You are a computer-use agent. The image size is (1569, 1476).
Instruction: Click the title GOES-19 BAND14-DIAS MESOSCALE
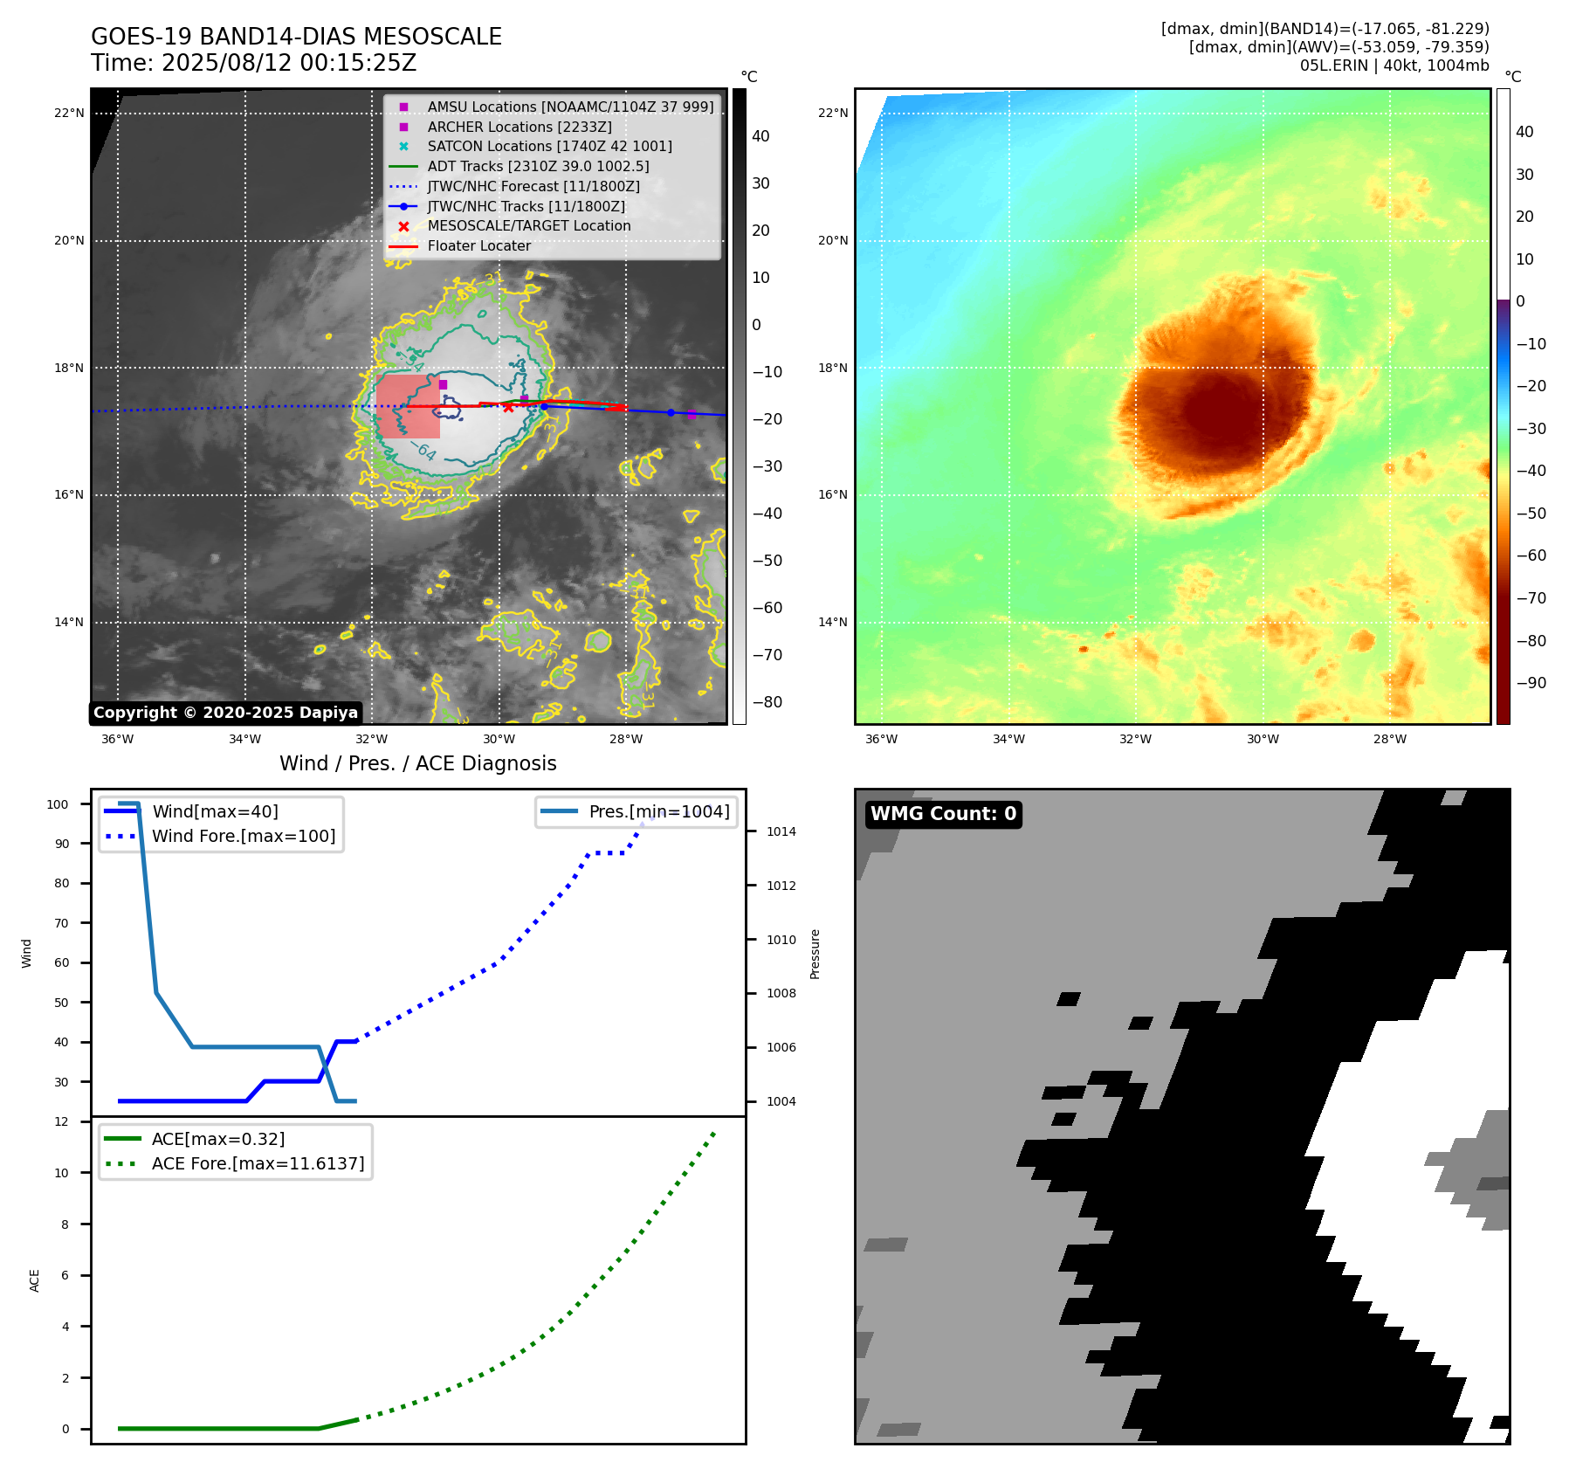pos(296,37)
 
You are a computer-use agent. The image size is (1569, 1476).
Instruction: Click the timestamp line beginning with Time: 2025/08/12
pos(253,63)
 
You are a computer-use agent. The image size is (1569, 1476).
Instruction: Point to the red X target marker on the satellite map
pos(508,407)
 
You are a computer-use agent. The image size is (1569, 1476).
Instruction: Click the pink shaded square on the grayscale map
pos(408,406)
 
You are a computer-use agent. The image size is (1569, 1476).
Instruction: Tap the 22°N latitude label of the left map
pos(69,113)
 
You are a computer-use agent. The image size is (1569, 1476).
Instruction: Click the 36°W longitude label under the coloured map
pos(881,739)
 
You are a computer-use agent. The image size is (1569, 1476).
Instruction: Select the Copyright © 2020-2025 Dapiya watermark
pos(225,713)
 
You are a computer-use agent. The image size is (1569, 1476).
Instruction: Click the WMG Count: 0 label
pos(943,814)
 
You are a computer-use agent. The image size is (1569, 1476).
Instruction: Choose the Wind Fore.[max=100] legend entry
pos(243,836)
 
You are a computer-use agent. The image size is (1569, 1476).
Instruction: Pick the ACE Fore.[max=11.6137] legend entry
pos(258,1163)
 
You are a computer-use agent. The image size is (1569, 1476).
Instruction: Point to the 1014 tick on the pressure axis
pos(781,831)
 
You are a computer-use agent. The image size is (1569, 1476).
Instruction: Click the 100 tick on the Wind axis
pos(58,804)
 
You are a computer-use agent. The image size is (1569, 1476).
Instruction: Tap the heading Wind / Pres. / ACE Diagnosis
pos(417,763)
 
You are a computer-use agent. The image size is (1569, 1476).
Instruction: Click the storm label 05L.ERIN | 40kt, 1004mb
pos(1394,66)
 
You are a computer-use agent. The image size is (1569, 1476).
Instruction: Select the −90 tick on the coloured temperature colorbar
pos(1531,683)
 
